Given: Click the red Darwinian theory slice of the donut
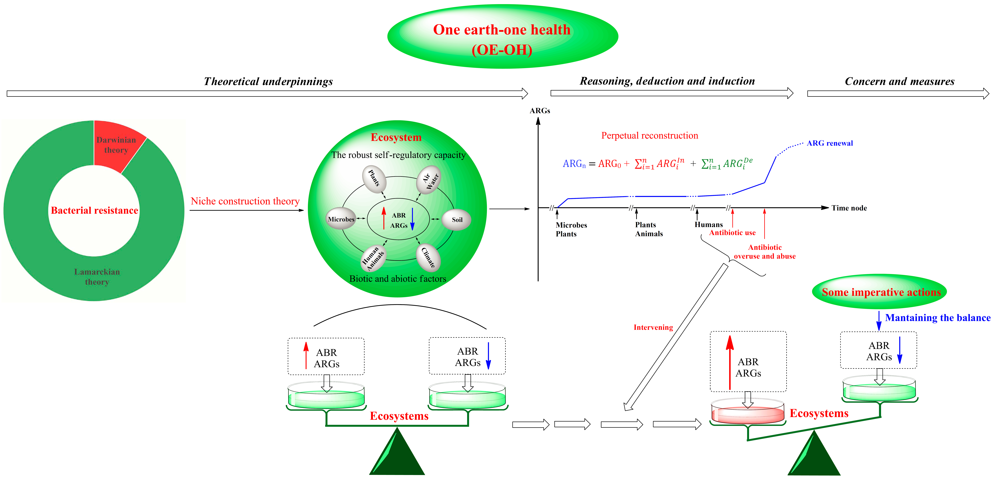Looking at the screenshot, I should (116, 145).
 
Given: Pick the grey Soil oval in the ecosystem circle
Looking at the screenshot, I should (457, 220).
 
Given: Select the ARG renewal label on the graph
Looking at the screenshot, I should (830, 143).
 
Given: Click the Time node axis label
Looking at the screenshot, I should (849, 208).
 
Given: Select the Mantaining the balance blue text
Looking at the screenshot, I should (938, 318).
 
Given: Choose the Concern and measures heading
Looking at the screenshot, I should (899, 81).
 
